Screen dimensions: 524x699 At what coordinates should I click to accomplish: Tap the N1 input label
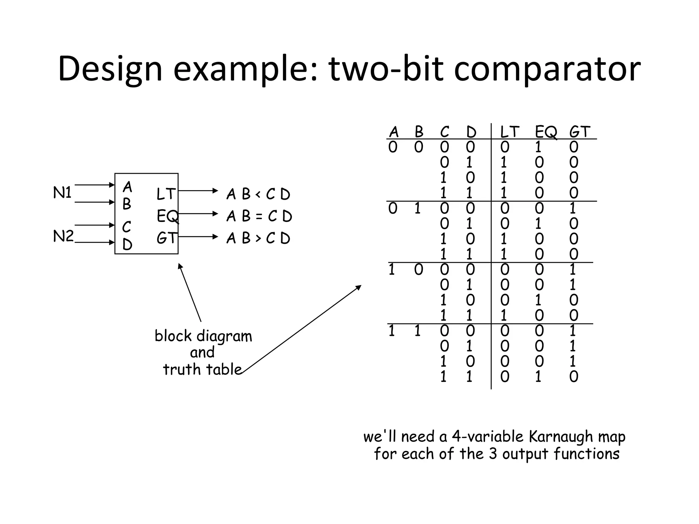pos(62,193)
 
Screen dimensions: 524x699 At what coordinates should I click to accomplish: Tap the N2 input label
pos(63,236)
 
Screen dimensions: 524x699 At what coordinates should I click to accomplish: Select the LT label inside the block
pos(166,194)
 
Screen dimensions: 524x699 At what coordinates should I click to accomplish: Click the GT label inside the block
pos(166,238)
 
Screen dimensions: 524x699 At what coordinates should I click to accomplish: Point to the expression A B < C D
pos(258,195)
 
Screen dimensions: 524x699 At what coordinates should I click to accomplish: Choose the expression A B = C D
pos(259,216)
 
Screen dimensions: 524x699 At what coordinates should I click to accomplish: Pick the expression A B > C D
pos(258,238)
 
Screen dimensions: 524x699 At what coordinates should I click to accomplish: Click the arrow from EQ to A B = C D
pos(198,214)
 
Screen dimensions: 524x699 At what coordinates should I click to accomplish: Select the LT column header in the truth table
pos(510,132)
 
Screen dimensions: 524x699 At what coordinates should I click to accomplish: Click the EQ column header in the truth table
pos(546,132)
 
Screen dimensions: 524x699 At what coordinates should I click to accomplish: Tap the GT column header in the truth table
pos(580,132)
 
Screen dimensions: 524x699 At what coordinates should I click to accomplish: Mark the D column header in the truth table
pos(471,132)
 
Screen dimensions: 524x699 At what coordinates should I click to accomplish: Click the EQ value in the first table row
pos(538,147)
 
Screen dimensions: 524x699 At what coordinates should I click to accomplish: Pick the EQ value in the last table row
pos(538,377)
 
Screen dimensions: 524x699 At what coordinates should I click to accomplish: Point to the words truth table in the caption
pos(202,369)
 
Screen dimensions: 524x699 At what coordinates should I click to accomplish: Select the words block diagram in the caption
pos(203,336)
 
